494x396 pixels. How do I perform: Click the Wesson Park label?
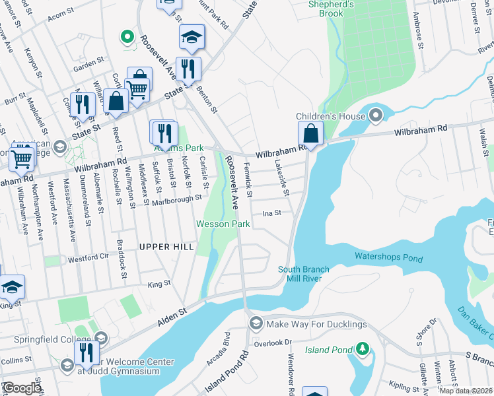point(223,224)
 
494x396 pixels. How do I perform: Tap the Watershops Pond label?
point(388,256)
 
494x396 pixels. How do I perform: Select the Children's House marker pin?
point(376,117)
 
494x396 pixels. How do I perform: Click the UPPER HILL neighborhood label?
point(166,247)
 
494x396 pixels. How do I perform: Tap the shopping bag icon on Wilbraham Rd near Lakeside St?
point(310,134)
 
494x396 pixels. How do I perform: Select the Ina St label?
point(273,213)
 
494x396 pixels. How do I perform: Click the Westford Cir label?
point(87,257)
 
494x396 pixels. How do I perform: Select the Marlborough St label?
point(176,199)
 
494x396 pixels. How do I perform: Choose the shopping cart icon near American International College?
point(22,157)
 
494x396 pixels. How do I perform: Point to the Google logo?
point(21,389)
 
